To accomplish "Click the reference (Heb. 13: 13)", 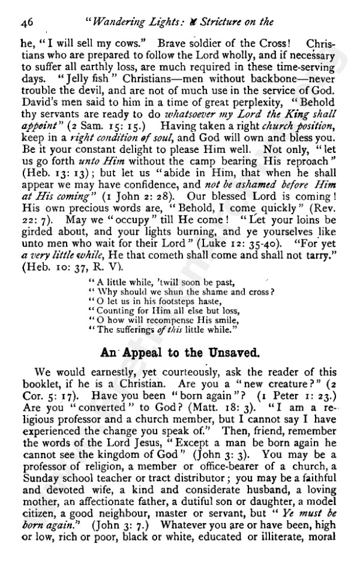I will click(x=54, y=169).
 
